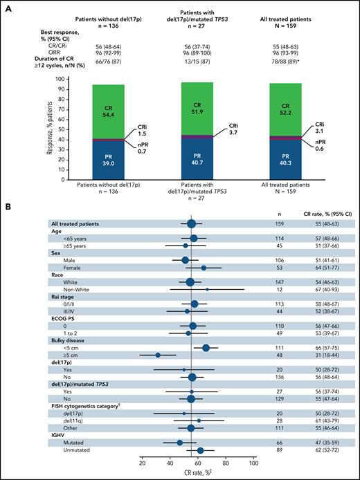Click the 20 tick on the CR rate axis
tap(142, 463)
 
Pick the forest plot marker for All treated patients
tap(191, 223)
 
